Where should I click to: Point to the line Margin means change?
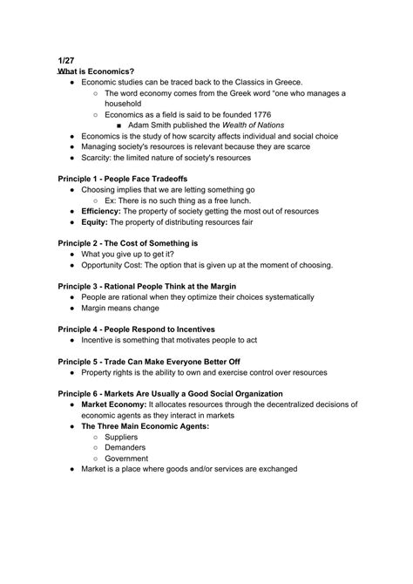point(120,308)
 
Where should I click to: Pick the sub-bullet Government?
point(127,458)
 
